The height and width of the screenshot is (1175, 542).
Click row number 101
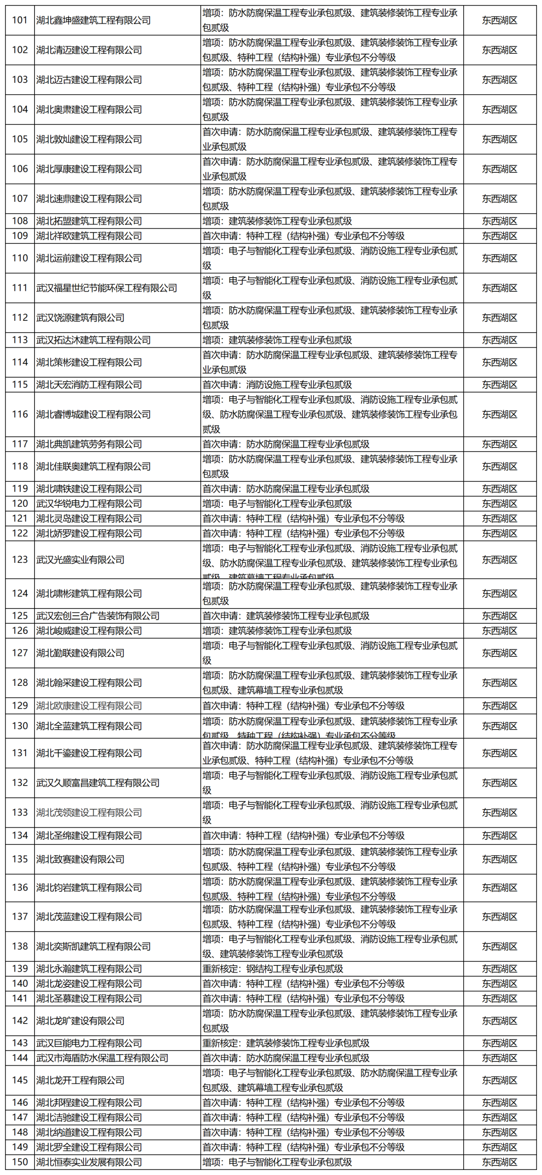coord(20,20)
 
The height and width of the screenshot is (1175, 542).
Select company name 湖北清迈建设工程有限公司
coord(89,50)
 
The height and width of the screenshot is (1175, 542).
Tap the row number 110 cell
coord(20,258)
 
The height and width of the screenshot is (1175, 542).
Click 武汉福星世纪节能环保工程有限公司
coord(106,288)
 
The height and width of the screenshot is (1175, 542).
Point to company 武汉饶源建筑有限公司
coord(80,318)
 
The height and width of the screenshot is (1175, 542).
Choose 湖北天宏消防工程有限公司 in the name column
coord(89,385)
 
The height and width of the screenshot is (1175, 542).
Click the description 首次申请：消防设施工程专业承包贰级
coord(277,385)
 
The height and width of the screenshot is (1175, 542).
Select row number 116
coord(20,414)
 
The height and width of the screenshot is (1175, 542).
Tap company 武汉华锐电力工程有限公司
coord(89,504)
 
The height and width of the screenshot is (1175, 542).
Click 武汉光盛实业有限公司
coord(80,560)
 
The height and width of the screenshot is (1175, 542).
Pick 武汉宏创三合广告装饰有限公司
coord(98,616)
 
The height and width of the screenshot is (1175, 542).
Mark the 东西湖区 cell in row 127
coord(499,653)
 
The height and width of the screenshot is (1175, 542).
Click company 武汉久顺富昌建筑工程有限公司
coord(98,783)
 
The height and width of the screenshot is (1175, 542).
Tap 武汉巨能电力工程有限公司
coord(89,1043)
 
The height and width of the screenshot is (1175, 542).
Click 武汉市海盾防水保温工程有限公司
coord(102,1058)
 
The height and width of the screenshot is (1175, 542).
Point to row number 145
coord(20,1080)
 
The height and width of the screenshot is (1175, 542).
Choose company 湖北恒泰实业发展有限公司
coord(89,1162)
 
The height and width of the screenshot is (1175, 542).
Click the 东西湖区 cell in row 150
coord(499,1162)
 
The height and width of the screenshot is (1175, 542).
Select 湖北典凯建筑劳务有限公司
coord(89,444)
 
